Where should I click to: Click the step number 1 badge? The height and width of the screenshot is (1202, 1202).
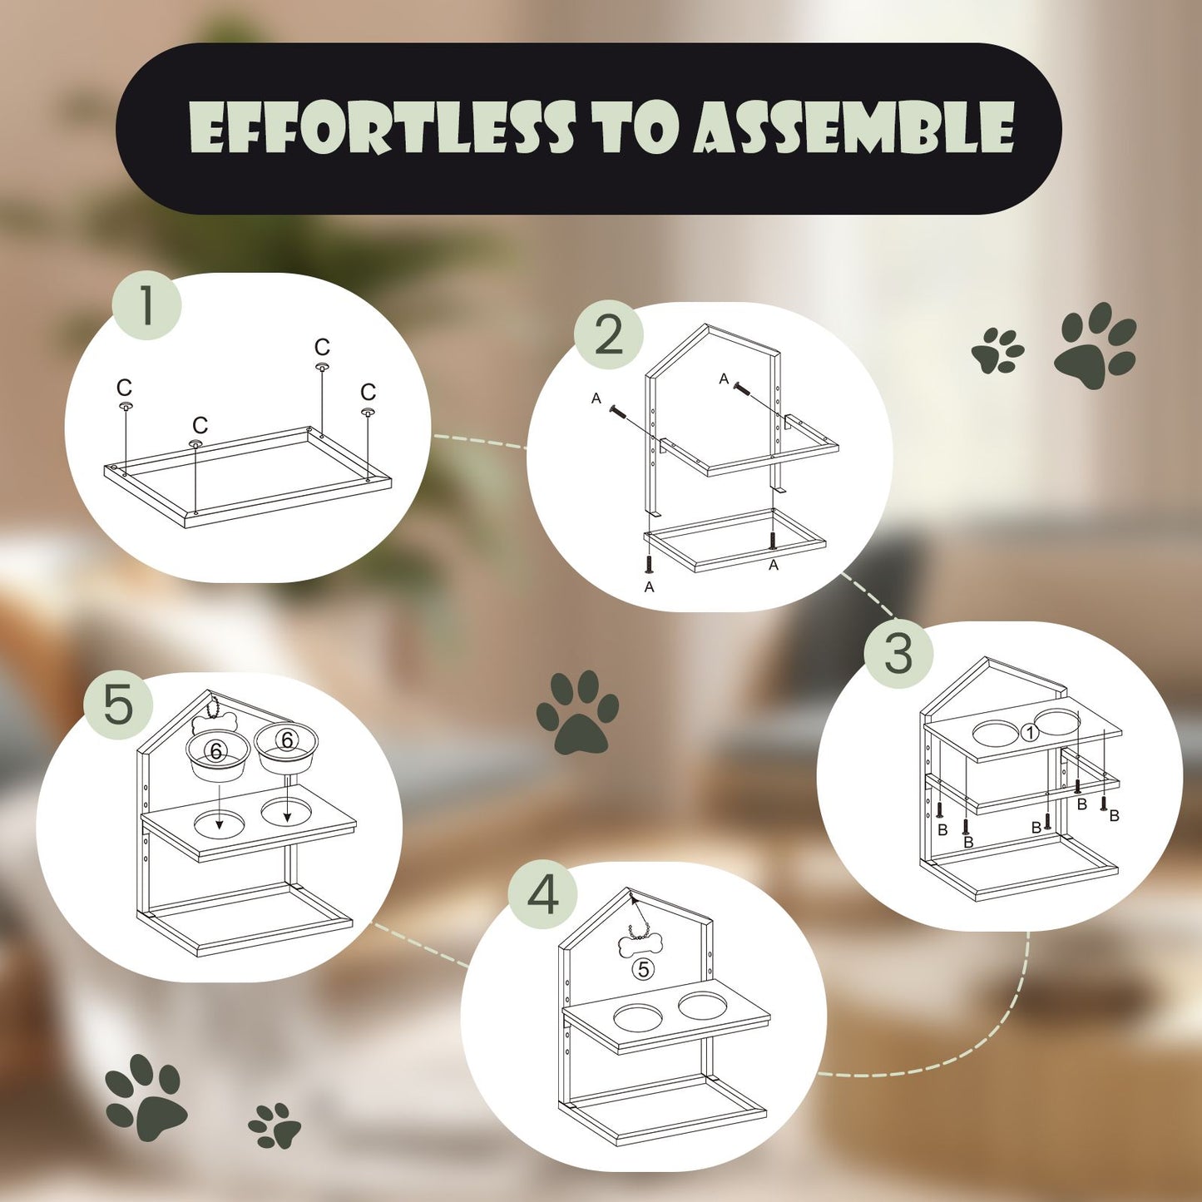tap(147, 305)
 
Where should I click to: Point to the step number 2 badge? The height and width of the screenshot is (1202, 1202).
tap(609, 334)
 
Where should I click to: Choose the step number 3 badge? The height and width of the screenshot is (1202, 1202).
tap(898, 654)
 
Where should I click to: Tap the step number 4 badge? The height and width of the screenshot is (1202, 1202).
tap(543, 895)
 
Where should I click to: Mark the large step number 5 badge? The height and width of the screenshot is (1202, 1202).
tap(118, 705)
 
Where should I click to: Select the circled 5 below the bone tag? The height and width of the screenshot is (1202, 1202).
tap(643, 969)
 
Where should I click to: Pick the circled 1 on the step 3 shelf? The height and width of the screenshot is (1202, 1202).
tap(1030, 733)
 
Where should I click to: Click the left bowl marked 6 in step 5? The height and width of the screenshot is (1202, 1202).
tap(218, 754)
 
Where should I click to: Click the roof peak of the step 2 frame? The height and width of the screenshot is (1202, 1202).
tap(706, 326)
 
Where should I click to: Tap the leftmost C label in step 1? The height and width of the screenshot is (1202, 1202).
tap(124, 388)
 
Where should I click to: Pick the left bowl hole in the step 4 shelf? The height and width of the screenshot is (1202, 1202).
tap(638, 1017)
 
